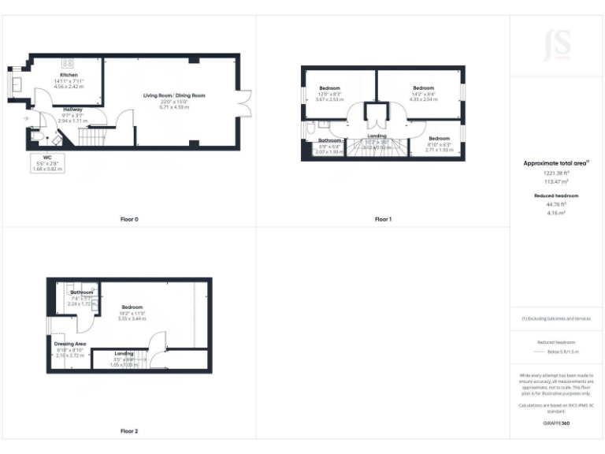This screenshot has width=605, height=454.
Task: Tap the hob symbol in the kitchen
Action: [x=68, y=62]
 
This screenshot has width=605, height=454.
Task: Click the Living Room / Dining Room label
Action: [x=174, y=95]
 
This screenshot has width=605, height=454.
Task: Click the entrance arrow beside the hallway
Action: [x=27, y=118]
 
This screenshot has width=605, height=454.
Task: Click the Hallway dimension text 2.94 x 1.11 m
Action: [x=72, y=121]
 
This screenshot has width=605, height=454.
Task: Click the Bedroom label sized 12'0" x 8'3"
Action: [x=330, y=87]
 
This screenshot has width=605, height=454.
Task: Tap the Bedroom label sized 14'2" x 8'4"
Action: [x=423, y=87]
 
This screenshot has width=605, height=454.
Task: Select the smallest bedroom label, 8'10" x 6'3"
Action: [x=440, y=137]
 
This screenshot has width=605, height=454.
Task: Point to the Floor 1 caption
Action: [x=383, y=219]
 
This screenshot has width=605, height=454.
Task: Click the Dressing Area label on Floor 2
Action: [x=69, y=344]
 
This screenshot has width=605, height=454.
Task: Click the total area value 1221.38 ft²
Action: [x=556, y=173]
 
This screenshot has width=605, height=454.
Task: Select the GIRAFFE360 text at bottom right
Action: [x=556, y=424]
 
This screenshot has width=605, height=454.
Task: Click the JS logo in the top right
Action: [x=557, y=46]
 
